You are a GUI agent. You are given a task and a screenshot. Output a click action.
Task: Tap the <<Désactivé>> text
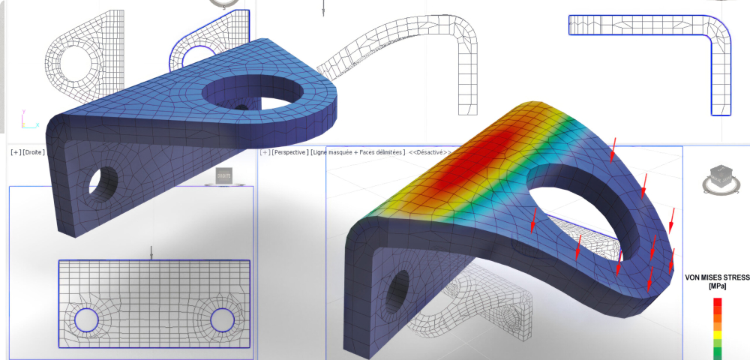(x=430, y=152)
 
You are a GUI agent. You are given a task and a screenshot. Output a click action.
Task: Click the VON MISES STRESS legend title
(x=716, y=277)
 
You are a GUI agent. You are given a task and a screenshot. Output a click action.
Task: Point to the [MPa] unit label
(x=717, y=286)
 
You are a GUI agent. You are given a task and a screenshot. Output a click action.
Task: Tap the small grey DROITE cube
(x=223, y=175)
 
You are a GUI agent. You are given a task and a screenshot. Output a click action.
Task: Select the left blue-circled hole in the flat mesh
(x=86, y=320)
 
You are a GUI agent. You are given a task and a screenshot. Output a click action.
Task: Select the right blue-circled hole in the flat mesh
(x=222, y=320)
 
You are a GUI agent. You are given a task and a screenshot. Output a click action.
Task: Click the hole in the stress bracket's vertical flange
(x=398, y=289)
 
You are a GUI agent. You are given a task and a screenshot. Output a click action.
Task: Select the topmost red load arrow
(x=613, y=148)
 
